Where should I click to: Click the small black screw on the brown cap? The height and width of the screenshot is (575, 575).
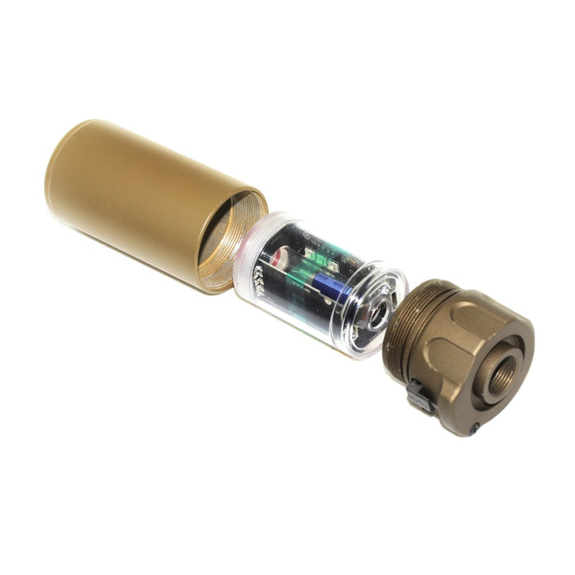point(474,429)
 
